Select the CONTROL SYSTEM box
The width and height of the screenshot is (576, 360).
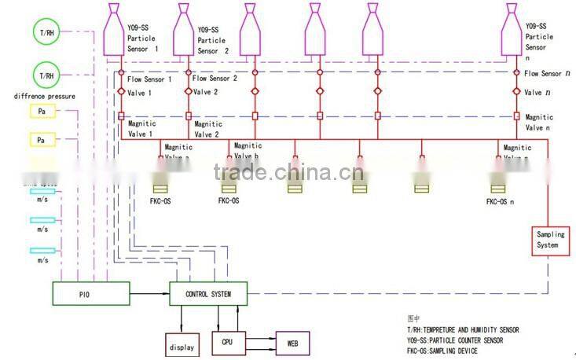point(209,294)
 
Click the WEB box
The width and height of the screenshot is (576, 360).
point(292,343)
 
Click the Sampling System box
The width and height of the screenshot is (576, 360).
point(547,240)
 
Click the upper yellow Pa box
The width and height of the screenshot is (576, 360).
point(41,112)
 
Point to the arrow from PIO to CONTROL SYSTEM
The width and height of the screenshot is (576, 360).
point(149,295)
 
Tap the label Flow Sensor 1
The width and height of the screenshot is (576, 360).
point(149,79)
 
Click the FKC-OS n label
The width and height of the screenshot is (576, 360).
point(501,202)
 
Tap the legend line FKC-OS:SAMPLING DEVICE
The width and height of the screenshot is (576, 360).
point(442,351)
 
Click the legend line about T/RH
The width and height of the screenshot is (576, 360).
point(462,329)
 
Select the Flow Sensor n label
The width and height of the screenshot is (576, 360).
point(543,73)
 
